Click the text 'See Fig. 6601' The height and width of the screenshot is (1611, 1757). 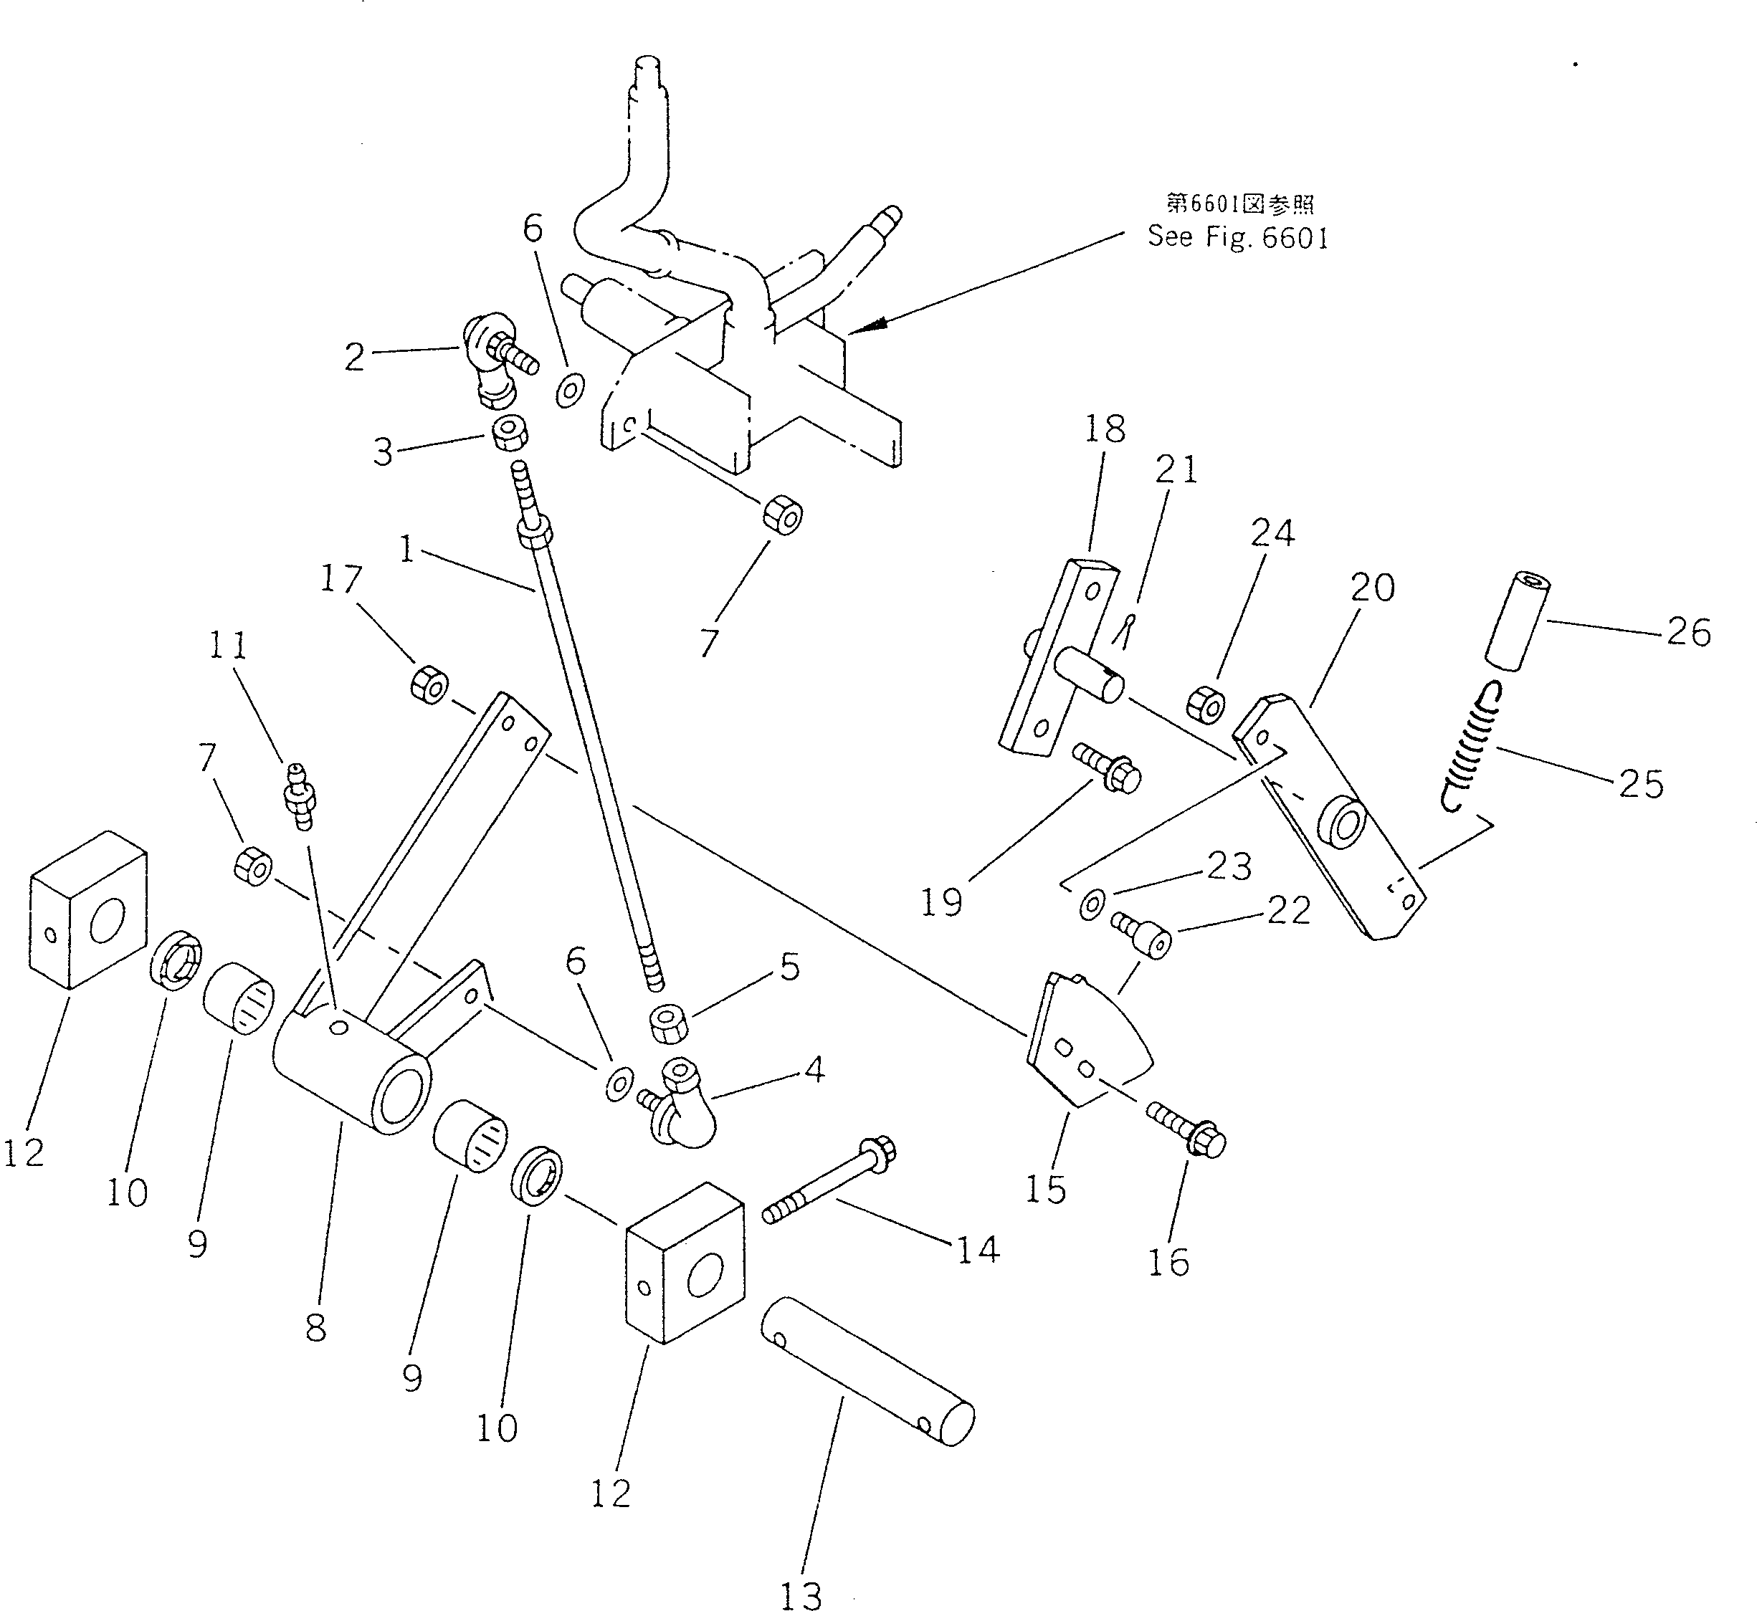click(x=1237, y=237)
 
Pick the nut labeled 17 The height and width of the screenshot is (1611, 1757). click(x=429, y=684)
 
